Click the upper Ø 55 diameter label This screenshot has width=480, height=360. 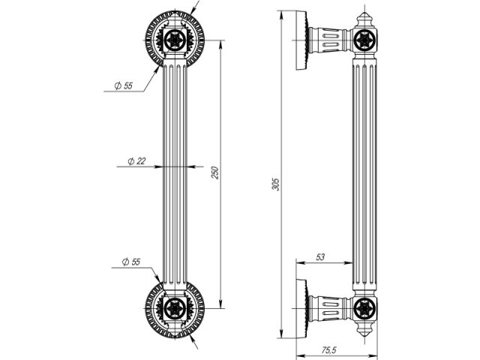click(x=123, y=86)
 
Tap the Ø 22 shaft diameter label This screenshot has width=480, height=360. click(x=136, y=160)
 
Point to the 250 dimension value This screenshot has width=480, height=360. click(x=215, y=172)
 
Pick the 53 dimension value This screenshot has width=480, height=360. click(x=320, y=257)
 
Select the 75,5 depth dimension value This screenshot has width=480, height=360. click(x=327, y=349)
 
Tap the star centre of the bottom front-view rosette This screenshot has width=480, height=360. click(x=177, y=307)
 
